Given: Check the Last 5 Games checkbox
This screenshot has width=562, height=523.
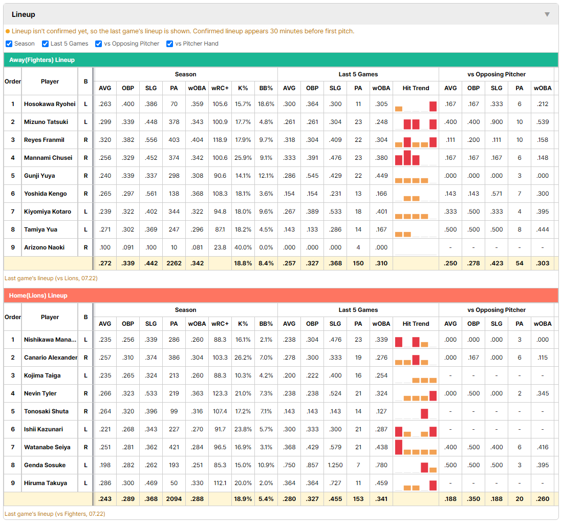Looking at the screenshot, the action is tap(45, 44).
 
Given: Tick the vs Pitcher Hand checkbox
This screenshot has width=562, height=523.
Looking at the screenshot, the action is tap(169, 44).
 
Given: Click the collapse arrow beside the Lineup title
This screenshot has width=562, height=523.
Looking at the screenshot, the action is tap(547, 14).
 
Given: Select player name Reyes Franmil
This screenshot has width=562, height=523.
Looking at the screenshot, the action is tap(44, 140).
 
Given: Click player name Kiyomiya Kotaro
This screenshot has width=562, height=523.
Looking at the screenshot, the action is tap(48, 212).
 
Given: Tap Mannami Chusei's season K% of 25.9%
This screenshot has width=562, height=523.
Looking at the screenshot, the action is tap(243, 158).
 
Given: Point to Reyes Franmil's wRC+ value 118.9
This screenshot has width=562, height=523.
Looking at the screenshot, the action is tap(220, 140).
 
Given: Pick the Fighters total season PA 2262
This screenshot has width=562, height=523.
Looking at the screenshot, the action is tap(174, 263).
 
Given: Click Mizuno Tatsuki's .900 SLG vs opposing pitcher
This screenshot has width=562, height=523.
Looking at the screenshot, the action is tap(496, 122).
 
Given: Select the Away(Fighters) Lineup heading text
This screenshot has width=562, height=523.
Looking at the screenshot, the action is tap(42, 60).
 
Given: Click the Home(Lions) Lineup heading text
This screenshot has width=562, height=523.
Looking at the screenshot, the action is tap(38, 296).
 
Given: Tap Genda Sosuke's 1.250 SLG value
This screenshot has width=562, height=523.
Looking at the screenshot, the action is tap(335, 465).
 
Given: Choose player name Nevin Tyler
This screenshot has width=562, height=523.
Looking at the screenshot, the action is tap(40, 393).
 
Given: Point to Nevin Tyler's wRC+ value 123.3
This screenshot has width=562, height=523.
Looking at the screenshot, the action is tap(220, 393).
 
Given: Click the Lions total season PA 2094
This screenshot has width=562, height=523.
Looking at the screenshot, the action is tap(174, 499).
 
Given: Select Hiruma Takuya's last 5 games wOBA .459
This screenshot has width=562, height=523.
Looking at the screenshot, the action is tap(381, 483).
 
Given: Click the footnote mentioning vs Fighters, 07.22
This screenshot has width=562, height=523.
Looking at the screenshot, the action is tap(55, 514).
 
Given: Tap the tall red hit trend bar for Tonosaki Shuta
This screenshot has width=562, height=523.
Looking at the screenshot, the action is tap(424, 413).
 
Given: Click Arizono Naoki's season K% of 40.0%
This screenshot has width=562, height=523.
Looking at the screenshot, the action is tap(243, 247).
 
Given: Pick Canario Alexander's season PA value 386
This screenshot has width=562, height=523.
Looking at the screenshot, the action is tap(174, 358).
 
